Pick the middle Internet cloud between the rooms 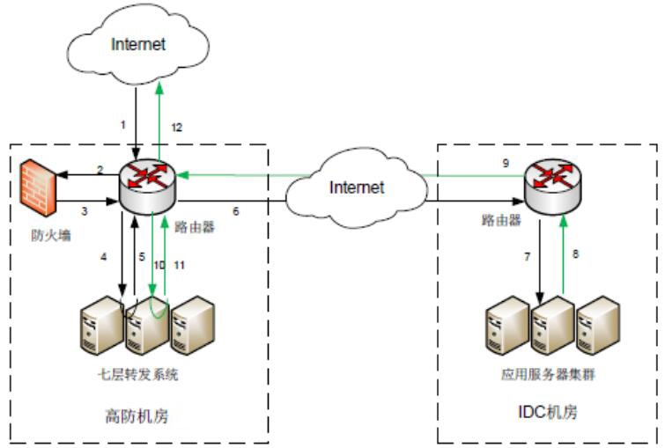[x=357, y=186]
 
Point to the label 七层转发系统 [x=138, y=375]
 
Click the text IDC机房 [x=547, y=412]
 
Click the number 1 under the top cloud [x=123, y=124]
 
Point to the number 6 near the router [x=235, y=212]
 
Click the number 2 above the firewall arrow [x=100, y=169]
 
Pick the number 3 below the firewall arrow [x=85, y=212]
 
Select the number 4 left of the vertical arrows [x=103, y=257]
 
